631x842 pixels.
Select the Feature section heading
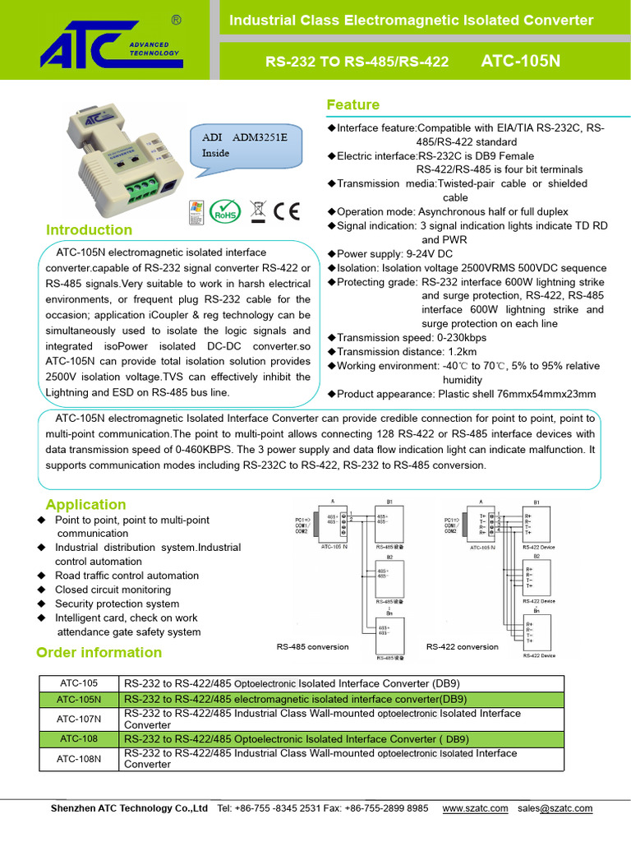pyautogui.click(x=352, y=104)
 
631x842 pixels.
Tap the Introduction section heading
pyautogui.click(x=89, y=229)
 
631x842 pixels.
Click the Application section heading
pyautogui.click(x=85, y=504)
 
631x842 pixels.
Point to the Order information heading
pyautogui.click(x=99, y=652)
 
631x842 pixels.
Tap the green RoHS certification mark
pyautogui.click(x=225, y=210)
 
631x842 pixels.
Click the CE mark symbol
pyautogui.click(x=286, y=210)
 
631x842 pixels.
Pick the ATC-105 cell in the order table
pyautogui.click(x=79, y=683)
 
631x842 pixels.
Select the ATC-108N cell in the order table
pyautogui.click(x=79, y=758)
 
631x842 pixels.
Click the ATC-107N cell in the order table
pyautogui.click(x=79, y=719)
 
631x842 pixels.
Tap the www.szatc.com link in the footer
pyautogui.click(x=475, y=808)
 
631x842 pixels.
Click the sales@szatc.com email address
pyautogui.click(x=555, y=808)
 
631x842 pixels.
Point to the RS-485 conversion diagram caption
pyautogui.click(x=312, y=646)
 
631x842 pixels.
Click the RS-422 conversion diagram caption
pyautogui.click(x=463, y=646)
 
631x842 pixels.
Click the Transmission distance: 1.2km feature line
pyautogui.click(x=408, y=351)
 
